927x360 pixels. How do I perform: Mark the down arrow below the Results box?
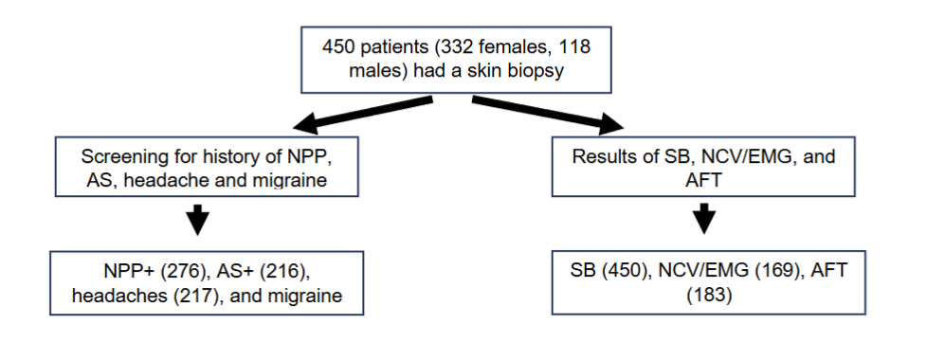[x=703, y=219]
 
